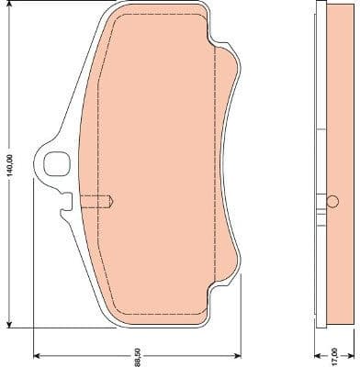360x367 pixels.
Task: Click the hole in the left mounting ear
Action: (53, 163)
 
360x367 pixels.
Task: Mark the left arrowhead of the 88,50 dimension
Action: (38, 352)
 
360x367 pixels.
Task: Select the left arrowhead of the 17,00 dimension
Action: (316, 352)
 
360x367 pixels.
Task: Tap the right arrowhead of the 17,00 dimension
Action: (351, 352)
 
